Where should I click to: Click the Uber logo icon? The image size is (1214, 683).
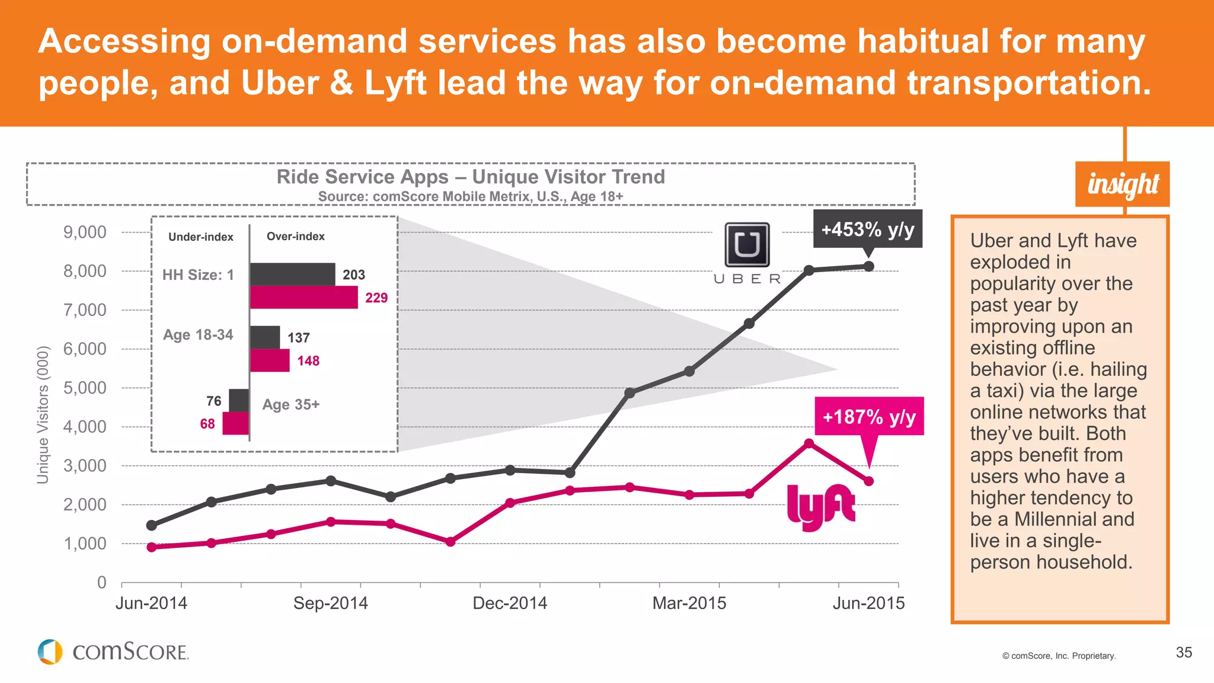click(x=747, y=244)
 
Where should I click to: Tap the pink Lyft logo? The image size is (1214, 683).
click(x=821, y=507)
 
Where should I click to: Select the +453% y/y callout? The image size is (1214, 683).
click(x=867, y=229)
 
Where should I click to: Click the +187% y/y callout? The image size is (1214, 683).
click(x=869, y=416)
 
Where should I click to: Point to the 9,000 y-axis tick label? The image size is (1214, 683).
click(x=85, y=232)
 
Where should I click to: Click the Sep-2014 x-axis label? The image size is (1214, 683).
click(x=330, y=603)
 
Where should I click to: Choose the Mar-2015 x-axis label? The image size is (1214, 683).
click(x=689, y=603)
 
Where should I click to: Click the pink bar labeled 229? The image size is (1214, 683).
click(x=303, y=297)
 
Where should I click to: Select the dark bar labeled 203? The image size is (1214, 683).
click(x=292, y=275)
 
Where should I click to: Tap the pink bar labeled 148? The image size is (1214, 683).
click(x=270, y=360)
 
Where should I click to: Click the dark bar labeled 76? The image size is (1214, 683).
click(x=239, y=401)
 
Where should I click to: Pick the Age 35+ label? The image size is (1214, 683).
click(x=291, y=404)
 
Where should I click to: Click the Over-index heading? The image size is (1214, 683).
click(x=295, y=236)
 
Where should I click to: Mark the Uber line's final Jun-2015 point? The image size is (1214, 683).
click(x=868, y=267)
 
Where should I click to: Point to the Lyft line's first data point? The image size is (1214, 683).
click(x=152, y=547)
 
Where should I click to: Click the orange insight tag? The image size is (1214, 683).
click(x=1122, y=184)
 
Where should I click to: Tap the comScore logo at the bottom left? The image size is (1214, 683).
click(x=113, y=652)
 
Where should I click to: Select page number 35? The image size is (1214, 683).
click(x=1184, y=652)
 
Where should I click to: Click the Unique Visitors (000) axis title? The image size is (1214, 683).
click(x=43, y=415)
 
